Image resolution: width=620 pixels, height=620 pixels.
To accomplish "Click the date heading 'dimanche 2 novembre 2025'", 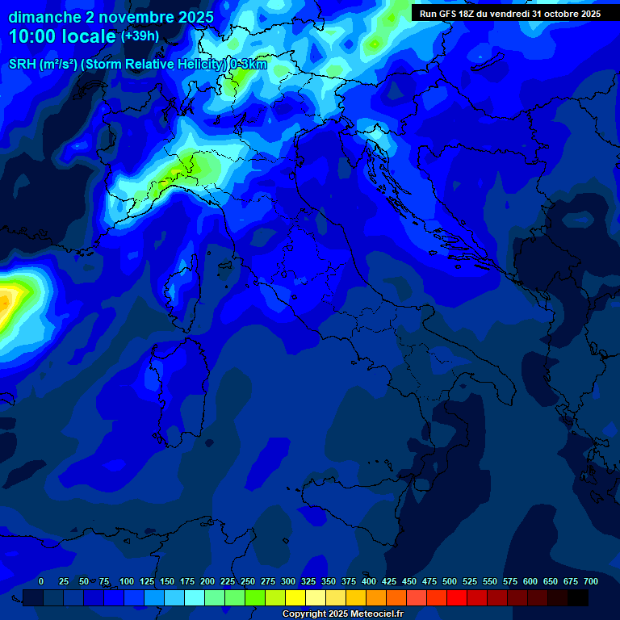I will [111, 17].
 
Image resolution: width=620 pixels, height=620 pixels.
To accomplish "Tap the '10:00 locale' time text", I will [63, 36].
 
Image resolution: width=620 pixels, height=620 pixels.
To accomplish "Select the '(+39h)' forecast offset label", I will [140, 36].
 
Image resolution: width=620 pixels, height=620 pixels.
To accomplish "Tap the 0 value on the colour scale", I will [41, 581].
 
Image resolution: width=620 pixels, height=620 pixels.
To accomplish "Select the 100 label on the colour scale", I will [127, 581].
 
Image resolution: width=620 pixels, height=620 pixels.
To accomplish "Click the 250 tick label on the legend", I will [248, 581].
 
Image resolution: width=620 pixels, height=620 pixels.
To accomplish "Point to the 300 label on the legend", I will [288, 581].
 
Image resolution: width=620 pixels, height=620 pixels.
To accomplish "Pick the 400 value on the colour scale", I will [369, 581].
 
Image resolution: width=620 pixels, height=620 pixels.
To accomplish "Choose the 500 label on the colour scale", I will [450, 581].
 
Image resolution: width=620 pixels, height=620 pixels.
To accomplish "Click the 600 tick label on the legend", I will [530, 581].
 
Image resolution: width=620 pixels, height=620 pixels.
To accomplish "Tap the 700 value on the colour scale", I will [591, 581].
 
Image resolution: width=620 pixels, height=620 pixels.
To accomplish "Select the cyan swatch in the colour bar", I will [195, 597].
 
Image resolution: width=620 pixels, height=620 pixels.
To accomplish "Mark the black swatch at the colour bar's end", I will [578, 597].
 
